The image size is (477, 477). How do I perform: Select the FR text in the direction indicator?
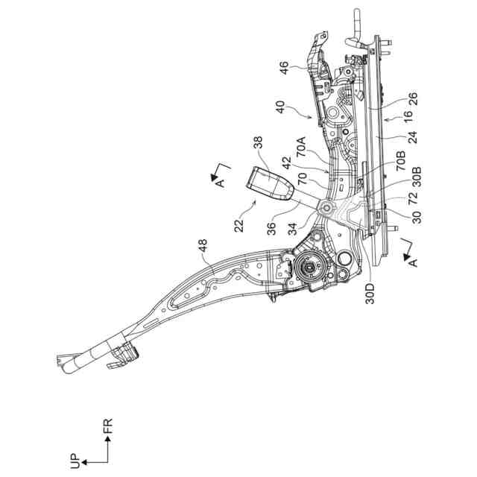109,427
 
